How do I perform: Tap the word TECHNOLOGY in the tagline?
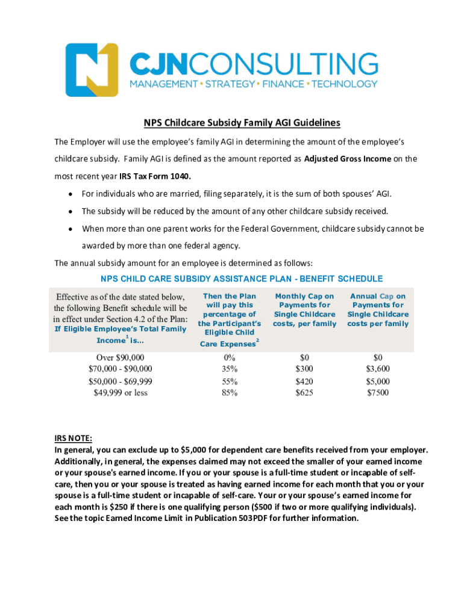(344, 84)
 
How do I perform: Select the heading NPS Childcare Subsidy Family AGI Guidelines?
(242, 123)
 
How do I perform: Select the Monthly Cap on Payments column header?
(304, 310)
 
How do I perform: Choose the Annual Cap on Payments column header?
(378, 310)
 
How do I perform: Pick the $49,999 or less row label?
(121, 393)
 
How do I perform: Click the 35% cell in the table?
(230, 369)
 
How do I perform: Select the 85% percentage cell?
(230, 393)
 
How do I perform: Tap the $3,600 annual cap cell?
(378, 369)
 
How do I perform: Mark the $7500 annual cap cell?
(378, 393)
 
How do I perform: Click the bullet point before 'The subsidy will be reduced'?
(72, 211)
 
